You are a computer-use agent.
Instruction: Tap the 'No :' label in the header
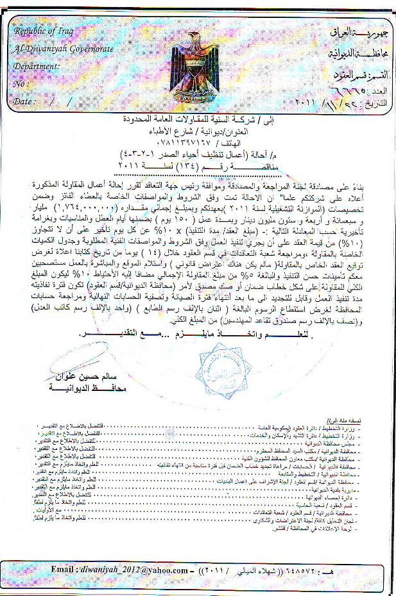(22, 83)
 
